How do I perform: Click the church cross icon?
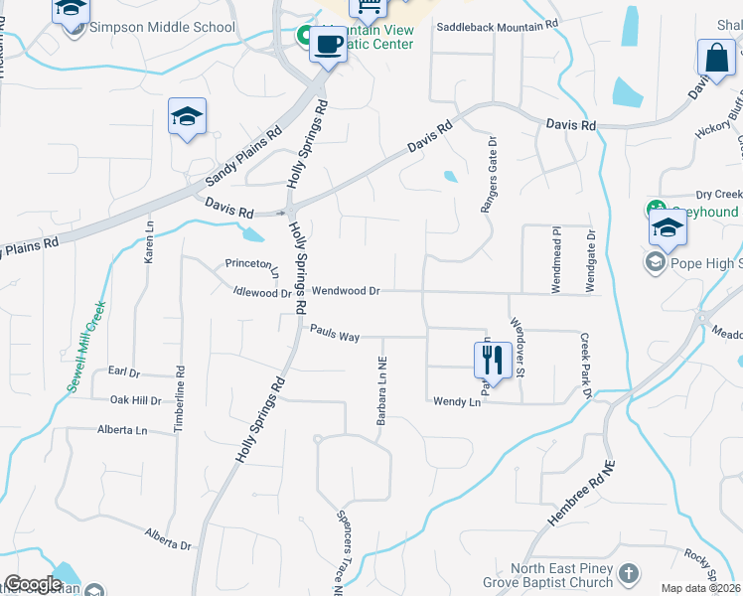(628, 573)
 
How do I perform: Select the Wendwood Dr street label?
(347, 291)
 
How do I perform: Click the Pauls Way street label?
(334, 336)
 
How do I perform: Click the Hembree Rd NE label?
(582, 494)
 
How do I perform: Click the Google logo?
(33, 584)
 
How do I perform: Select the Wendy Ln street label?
(456, 401)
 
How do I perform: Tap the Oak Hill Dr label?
(135, 400)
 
